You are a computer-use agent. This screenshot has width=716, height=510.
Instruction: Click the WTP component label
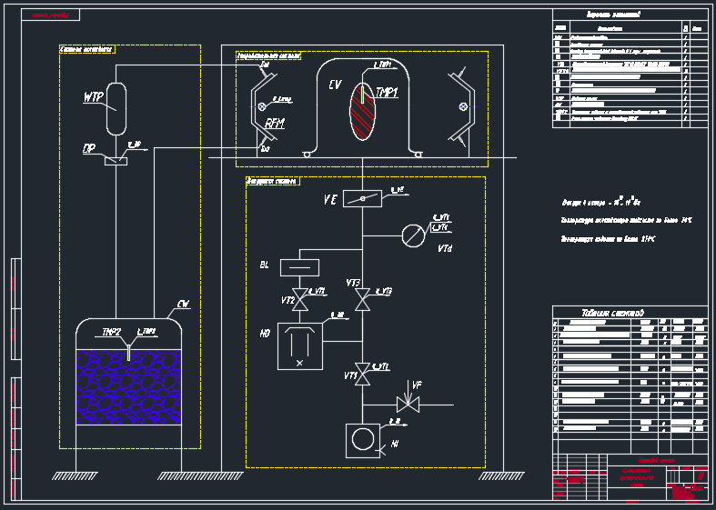[93, 97]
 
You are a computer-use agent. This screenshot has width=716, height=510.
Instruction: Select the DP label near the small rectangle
[89, 148]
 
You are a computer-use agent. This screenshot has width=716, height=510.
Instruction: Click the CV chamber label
[335, 85]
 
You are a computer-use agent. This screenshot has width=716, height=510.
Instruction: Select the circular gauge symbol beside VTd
[414, 234]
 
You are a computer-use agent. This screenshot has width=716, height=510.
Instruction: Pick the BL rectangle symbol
[300, 266]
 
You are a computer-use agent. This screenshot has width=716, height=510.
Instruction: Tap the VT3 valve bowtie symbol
[363, 299]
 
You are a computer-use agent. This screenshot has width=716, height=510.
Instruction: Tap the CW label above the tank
[183, 304]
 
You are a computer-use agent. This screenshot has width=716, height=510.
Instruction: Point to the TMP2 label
[112, 332]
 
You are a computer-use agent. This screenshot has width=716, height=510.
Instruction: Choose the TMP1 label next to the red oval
[387, 93]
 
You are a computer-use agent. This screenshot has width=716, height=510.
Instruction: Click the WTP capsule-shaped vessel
[116, 107]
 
